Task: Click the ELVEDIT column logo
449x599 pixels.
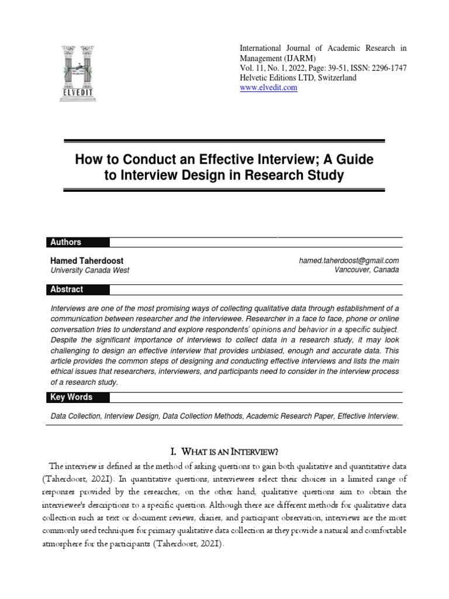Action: pos(79,73)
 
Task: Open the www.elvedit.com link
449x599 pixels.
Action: pos(269,88)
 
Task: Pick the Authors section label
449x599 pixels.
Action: pos(65,242)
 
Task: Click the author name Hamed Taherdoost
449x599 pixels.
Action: pos(87,260)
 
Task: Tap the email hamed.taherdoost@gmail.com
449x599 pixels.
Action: pos(348,260)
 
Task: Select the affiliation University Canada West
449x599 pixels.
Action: pos(90,270)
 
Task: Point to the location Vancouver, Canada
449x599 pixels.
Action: pos(367,270)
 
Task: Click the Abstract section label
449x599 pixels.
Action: pos(67,289)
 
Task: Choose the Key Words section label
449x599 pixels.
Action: pos(71,397)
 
